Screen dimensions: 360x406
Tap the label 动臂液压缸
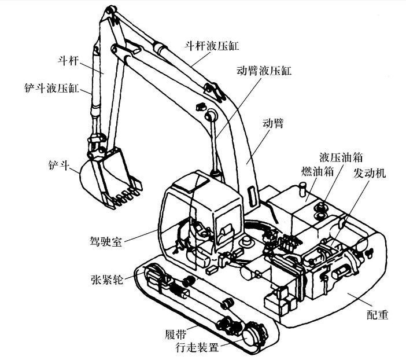[x=265, y=71]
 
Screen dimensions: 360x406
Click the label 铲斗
[x=57, y=164]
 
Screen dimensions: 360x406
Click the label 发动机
[x=370, y=173]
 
